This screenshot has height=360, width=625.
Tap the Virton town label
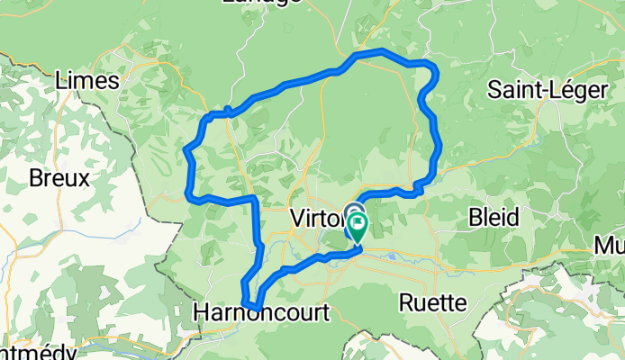314,218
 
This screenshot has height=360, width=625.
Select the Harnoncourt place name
262,312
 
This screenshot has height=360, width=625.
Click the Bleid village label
494,217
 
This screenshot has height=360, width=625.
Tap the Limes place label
86,80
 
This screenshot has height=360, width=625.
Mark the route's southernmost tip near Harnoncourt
257,309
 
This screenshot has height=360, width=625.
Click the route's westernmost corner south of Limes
187,192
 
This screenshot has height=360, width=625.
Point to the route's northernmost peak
382,50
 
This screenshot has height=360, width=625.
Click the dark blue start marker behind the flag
350,209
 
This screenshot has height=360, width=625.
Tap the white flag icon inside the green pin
358,219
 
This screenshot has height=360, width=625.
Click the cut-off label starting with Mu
610,245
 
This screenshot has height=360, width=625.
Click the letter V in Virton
298,218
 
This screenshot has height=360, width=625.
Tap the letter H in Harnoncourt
201,312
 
